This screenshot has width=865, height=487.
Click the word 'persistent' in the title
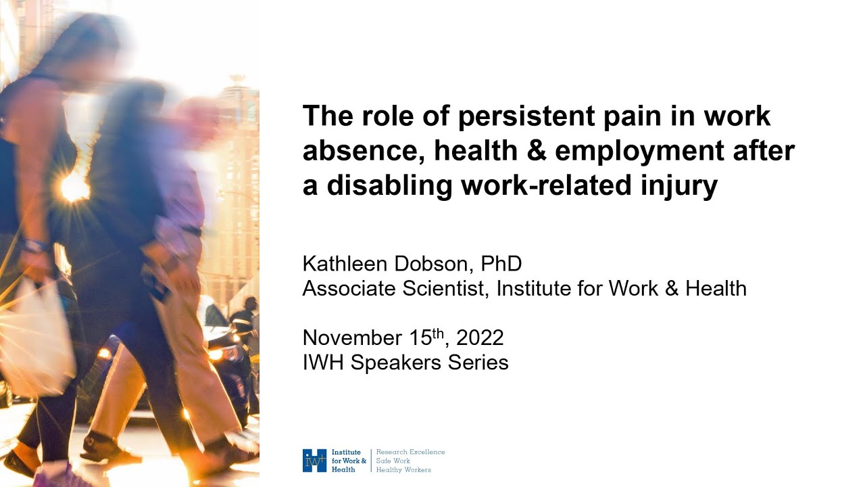point(526,116)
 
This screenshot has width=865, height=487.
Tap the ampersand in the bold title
point(537,151)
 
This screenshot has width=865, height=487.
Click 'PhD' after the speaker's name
point(501,264)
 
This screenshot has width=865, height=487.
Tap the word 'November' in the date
point(352,338)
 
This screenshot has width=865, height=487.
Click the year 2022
point(480,338)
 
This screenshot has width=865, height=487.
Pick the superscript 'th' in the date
point(439,333)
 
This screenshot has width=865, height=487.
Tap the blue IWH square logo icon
point(315,461)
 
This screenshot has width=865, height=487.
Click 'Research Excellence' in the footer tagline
point(410,452)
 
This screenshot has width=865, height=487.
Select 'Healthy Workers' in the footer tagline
point(403,470)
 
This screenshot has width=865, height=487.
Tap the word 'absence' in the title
point(364,151)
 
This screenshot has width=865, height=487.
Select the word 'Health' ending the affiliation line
point(716,288)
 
